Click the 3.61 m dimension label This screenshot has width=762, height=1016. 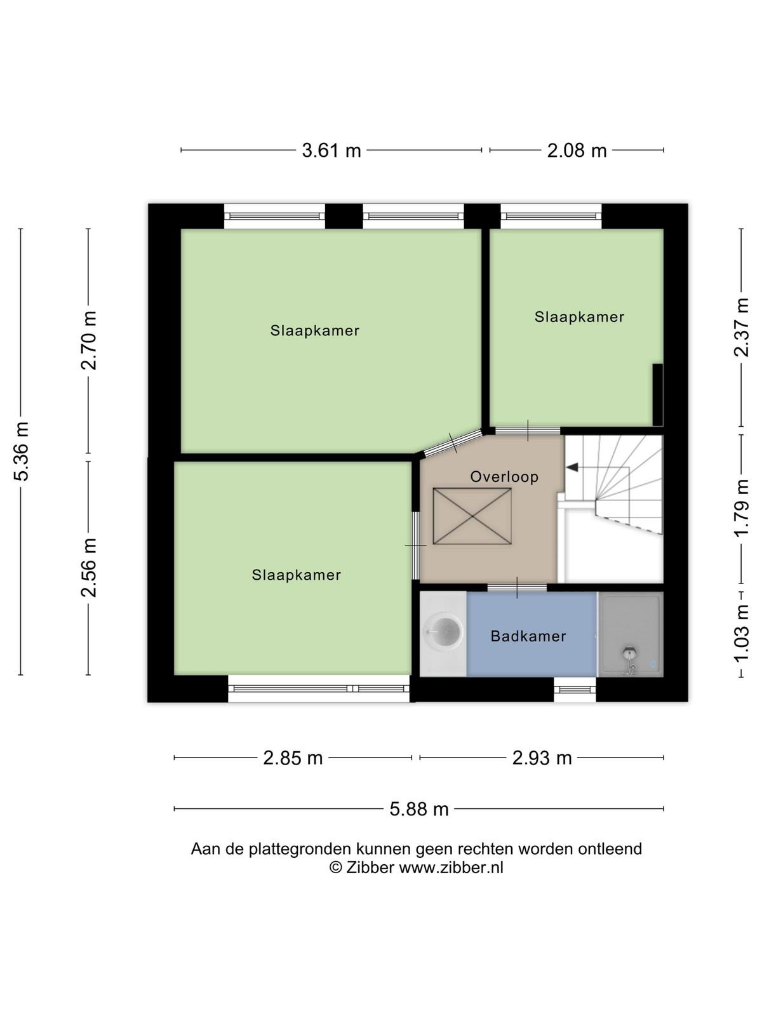(x=331, y=150)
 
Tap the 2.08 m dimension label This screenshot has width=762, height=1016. (x=577, y=150)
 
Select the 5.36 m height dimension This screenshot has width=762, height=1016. (x=22, y=451)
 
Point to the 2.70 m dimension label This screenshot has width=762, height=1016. (x=89, y=340)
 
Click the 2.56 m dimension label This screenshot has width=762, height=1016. (x=89, y=568)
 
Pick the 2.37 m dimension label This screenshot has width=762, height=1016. (x=741, y=327)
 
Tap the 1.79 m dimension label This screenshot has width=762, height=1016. (x=741, y=508)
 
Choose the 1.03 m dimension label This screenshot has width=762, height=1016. (x=741, y=633)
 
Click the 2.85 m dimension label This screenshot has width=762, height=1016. (x=293, y=758)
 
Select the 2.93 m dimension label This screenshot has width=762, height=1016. (x=542, y=758)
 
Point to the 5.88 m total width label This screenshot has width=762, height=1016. (x=419, y=809)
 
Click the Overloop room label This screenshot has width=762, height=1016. (x=504, y=477)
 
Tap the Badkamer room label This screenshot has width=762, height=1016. (x=528, y=636)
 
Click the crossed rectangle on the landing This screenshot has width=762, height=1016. (x=472, y=516)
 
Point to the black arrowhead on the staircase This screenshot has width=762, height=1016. (x=572, y=467)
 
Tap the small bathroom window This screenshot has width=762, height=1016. (x=575, y=689)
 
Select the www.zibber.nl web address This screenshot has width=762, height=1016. (x=451, y=867)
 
